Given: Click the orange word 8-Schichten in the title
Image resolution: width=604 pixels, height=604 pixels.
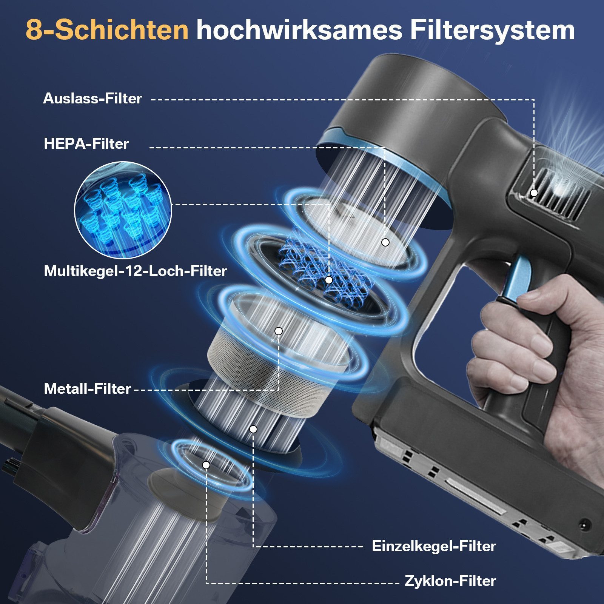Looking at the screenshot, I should click(x=107, y=30).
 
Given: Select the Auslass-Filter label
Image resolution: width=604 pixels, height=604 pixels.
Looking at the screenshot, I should click(x=92, y=99).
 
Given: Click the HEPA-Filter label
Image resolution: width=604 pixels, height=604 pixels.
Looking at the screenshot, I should click(x=86, y=144).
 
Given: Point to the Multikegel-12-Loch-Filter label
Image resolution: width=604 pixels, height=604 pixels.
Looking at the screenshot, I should click(x=135, y=271).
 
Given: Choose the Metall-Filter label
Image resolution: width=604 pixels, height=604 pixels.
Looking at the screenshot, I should click(x=87, y=389).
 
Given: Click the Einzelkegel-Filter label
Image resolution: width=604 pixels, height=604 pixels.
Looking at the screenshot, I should click(x=434, y=546).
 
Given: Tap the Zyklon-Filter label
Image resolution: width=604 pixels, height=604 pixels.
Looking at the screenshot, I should click(x=450, y=581).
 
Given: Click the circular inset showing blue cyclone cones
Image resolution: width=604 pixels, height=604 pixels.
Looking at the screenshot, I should click(x=123, y=210).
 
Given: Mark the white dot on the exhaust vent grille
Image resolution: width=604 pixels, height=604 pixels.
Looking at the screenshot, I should click(x=534, y=193).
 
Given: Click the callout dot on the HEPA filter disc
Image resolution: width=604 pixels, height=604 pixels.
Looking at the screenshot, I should click(x=385, y=242).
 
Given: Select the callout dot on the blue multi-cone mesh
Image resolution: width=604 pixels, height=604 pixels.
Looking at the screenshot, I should click(x=328, y=280).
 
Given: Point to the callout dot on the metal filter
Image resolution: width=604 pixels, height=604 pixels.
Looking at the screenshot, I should click(x=278, y=331).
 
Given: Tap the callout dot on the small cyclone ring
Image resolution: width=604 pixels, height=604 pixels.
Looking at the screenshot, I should click(x=206, y=465).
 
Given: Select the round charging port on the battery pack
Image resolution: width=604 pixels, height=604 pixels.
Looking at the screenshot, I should click(x=586, y=525).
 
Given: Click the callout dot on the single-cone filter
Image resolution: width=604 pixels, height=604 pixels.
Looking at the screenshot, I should click(x=253, y=429).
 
